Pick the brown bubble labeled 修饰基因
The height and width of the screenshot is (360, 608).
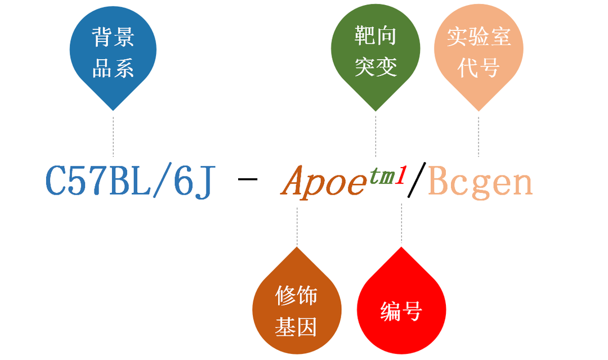click(297, 306)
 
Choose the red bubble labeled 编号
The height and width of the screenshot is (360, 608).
click(401, 306)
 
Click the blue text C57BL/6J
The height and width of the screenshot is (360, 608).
click(130, 181)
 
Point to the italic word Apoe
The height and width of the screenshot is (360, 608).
click(324, 181)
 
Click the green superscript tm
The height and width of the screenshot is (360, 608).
click(382, 175)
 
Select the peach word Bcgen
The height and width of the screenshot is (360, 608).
click(480, 182)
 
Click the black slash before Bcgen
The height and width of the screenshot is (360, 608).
click(417, 180)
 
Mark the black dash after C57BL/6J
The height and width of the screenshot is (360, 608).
click(247, 179)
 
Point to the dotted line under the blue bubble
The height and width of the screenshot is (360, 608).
click(113, 136)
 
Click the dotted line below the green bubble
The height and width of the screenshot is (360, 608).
click(375, 136)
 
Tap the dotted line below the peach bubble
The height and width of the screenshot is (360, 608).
click(479, 136)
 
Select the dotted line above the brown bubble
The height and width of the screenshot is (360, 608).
click(297, 226)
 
